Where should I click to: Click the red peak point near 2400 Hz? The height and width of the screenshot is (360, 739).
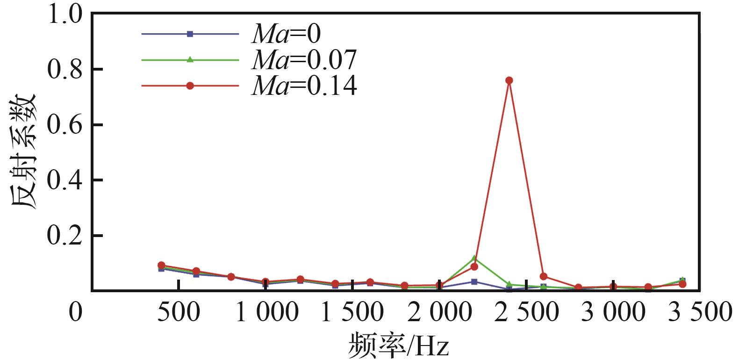[509, 80]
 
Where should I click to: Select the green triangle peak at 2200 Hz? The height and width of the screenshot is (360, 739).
[474, 258]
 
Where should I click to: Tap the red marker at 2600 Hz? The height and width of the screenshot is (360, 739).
[543, 276]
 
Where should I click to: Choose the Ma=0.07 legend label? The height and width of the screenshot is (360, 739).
[304, 59]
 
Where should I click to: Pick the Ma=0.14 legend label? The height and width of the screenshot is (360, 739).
[304, 86]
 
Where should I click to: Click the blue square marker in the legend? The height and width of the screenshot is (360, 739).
[190, 34]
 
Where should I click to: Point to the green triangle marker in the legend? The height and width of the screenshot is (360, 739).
[190, 59]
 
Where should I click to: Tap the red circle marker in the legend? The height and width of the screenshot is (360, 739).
[190, 86]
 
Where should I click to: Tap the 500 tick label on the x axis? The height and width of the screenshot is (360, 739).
[178, 312]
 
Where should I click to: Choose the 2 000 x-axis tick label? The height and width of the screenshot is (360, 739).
[439, 312]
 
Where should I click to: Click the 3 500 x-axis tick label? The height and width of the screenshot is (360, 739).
[699, 312]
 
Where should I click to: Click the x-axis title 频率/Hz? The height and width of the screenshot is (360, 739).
[398, 346]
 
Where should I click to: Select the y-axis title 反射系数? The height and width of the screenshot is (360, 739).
[23, 152]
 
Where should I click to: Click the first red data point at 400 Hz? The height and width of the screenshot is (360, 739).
[161, 265]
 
